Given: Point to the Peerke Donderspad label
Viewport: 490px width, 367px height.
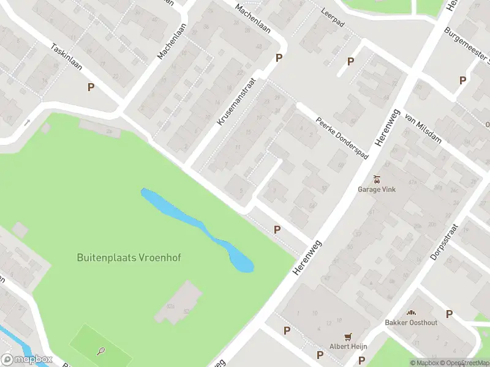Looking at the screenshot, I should (x=342, y=138).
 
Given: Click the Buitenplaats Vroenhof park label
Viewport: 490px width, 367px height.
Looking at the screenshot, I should (x=129, y=258).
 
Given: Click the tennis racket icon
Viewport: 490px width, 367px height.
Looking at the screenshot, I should (x=101, y=351).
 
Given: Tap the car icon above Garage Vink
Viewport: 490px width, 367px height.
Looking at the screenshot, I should (x=377, y=179).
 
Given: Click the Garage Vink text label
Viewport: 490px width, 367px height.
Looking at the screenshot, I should (x=377, y=190).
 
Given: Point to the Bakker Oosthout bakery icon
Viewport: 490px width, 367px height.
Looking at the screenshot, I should (x=411, y=313).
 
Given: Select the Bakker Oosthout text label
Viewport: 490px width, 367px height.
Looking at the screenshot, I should (x=411, y=322).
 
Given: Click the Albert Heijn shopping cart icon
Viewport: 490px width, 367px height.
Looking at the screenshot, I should (x=349, y=336).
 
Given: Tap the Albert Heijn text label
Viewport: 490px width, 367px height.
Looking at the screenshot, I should (x=349, y=346).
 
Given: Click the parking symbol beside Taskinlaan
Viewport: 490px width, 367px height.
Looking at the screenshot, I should (x=91, y=87).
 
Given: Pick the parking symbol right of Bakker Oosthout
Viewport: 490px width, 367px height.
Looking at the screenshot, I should (x=449, y=314).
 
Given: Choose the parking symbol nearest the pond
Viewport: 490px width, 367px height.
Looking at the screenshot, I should (x=277, y=229).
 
